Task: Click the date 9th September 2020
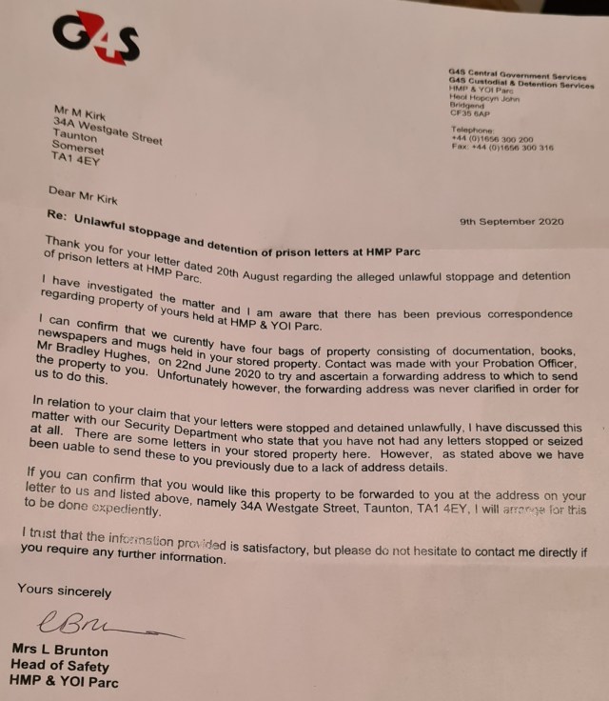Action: click(x=511, y=221)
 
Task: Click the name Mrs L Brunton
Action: click(x=60, y=649)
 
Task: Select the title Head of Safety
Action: click(x=59, y=665)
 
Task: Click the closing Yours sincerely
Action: click(x=64, y=591)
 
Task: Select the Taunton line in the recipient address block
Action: click(x=75, y=136)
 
